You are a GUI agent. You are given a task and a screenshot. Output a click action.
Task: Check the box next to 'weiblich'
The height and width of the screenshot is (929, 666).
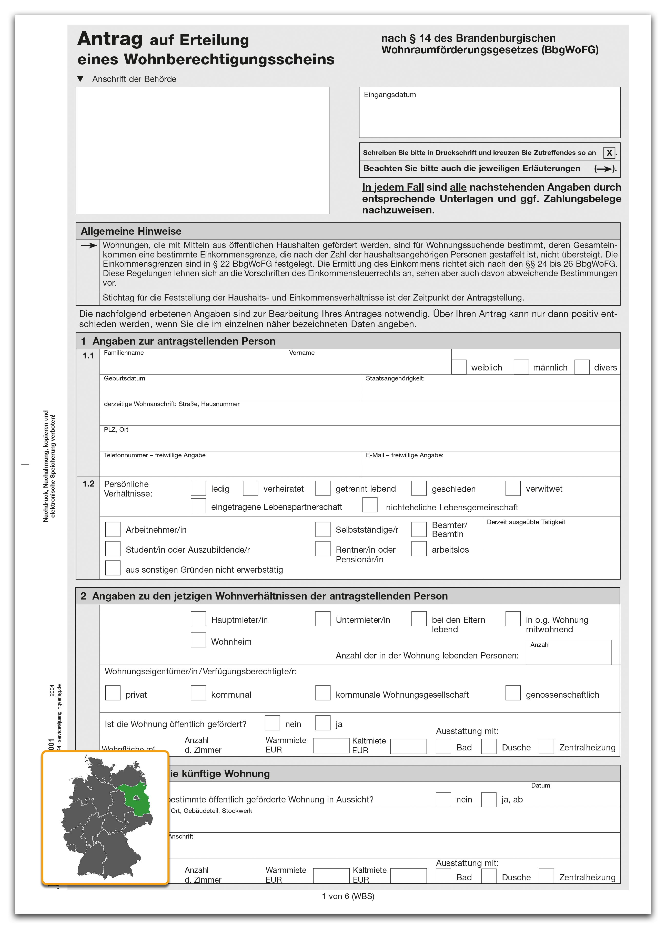(459, 367)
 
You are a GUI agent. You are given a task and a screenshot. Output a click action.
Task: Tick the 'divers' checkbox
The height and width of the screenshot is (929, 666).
(582, 367)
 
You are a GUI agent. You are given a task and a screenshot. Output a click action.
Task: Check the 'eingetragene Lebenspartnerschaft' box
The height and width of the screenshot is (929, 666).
(198, 506)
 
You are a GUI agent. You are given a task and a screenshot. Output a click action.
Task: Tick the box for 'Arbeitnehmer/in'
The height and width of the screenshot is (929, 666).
(113, 529)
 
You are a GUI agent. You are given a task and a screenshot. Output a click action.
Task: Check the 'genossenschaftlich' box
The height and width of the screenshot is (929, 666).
(513, 693)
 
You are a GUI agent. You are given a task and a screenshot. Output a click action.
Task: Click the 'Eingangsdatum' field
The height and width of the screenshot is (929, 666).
(489, 113)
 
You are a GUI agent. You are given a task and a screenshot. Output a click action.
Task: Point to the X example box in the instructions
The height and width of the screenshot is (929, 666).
(609, 153)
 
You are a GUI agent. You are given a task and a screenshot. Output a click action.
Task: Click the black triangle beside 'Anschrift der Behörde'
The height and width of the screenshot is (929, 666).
(80, 79)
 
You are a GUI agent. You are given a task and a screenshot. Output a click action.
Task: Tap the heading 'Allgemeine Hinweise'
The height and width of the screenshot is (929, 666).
(131, 231)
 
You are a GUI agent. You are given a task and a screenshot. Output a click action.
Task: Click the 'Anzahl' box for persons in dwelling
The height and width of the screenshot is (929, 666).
(568, 653)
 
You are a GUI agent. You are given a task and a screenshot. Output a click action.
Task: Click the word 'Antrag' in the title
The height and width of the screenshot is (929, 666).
(110, 39)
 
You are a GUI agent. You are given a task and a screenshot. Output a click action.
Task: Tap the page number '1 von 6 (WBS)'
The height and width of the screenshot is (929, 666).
(348, 896)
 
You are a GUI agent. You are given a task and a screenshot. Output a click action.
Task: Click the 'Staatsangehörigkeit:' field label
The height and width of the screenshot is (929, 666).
(395, 378)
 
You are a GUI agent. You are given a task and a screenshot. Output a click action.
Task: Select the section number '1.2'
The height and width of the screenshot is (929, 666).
(88, 484)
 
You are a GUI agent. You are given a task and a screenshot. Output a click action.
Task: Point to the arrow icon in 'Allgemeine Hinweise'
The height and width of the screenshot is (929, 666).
(88, 246)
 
